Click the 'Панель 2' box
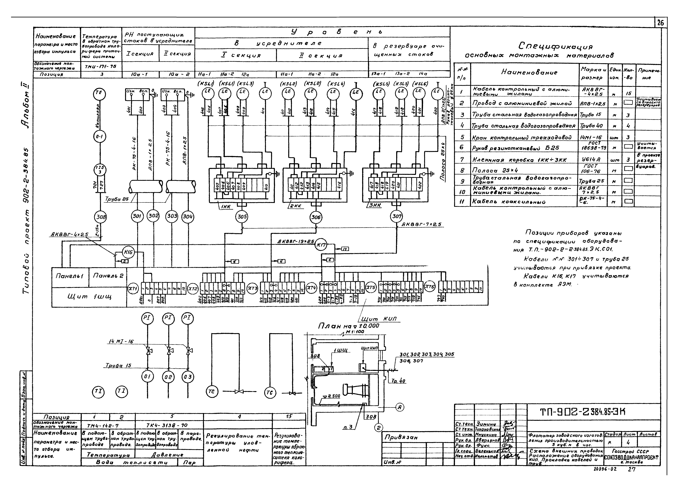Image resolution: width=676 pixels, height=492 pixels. click(x=108, y=276)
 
